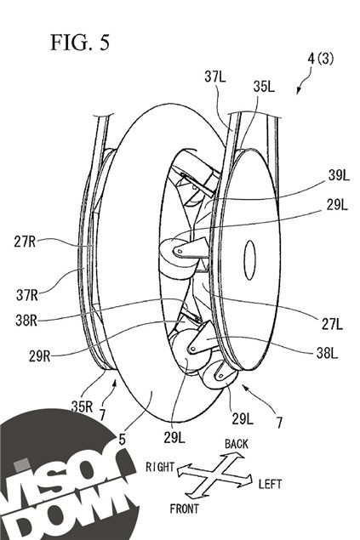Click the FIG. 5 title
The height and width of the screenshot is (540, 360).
click(x=80, y=43)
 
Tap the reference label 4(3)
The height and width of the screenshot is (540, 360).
click(x=320, y=59)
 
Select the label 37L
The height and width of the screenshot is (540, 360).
click(x=215, y=77)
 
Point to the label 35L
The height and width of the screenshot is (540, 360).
click(x=264, y=87)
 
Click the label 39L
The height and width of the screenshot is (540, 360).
click(x=339, y=175)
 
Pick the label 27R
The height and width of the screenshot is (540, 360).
click(x=25, y=242)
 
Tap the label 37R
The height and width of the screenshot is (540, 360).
click(x=27, y=295)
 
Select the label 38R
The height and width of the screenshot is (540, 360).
click(x=26, y=321)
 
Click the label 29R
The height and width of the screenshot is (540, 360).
click(x=40, y=356)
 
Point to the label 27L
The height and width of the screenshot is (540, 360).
click(x=332, y=324)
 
